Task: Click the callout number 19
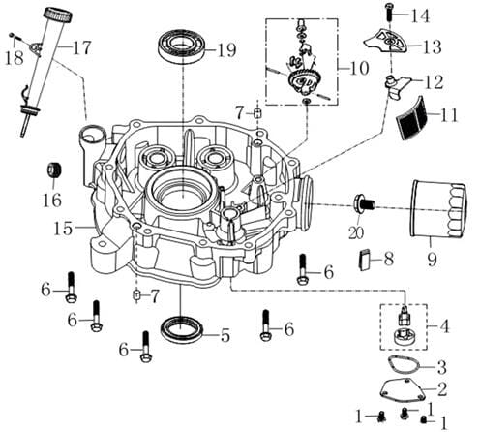coord(226,50)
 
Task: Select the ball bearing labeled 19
coord(182,46)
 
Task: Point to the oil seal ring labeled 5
coord(182,330)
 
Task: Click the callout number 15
coord(63,229)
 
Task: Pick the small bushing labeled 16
coord(54,170)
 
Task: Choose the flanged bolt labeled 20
coord(365,204)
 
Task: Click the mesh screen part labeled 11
coord(412,118)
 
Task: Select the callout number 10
coord(359,68)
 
